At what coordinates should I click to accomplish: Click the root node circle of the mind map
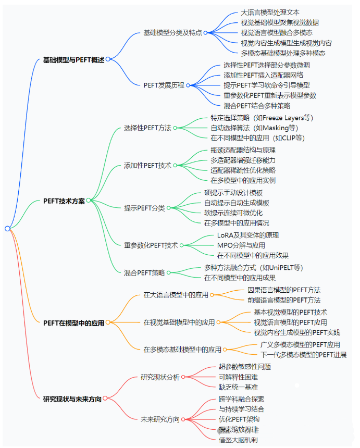[x=7, y=228]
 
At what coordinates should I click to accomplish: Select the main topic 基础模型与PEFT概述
[x=73, y=59]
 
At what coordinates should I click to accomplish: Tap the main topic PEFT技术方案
[x=64, y=201]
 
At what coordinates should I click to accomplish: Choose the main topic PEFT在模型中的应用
[x=73, y=322]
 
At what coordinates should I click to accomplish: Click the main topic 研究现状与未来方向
[x=72, y=399]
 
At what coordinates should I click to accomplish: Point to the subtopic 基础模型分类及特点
[x=172, y=32]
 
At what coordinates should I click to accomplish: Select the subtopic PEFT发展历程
[x=164, y=85]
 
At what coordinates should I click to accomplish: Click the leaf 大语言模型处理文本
[x=270, y=13]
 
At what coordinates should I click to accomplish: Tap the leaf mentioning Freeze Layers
[x=262, y=118]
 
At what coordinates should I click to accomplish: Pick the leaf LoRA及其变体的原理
[x=248, y=235]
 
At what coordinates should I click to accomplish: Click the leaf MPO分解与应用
[x=241, y=245]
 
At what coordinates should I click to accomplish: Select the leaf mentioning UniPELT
[x=253, y=267]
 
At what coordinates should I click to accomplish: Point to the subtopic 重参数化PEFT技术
[x=151, y=245]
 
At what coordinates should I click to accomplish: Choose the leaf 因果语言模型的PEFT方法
[x=284, y=290]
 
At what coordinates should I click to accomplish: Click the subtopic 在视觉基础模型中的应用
[x=179, y=322]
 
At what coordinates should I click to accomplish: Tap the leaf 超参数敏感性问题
[x=244, y=367]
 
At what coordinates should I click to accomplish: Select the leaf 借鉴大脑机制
[x=238, y=440]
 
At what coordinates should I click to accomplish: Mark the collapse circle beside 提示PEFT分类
[x=169, y=208]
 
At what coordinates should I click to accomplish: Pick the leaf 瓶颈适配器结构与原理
[x=243, y=150]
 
